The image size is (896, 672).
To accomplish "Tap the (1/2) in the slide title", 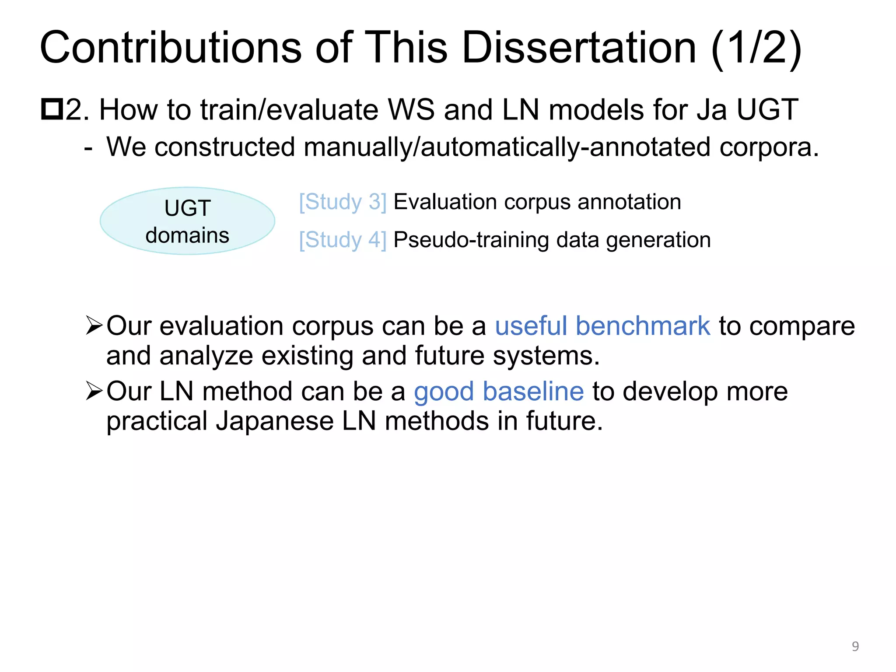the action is click(x=756, y=48).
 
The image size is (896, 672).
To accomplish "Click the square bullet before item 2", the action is click(x=52, y=109).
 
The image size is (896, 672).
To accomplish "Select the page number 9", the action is click(x=855, y=646).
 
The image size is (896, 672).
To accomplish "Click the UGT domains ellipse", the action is click(x=187, y=221).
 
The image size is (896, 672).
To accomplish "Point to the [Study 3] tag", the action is click(x=343, y=202).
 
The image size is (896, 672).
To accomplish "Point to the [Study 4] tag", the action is click(x=343, y=240).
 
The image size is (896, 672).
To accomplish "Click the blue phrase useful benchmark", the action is click(x=602, y=326).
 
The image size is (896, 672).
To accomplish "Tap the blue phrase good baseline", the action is click(x=498, y=391).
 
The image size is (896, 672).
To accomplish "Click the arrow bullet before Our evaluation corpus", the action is click(x=94, y=325).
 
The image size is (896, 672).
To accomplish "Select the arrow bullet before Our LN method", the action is click(x=94, y=391).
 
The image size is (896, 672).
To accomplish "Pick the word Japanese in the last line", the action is click(x=274, y=421).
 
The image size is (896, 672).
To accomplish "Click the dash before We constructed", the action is click(x=88, y=148).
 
